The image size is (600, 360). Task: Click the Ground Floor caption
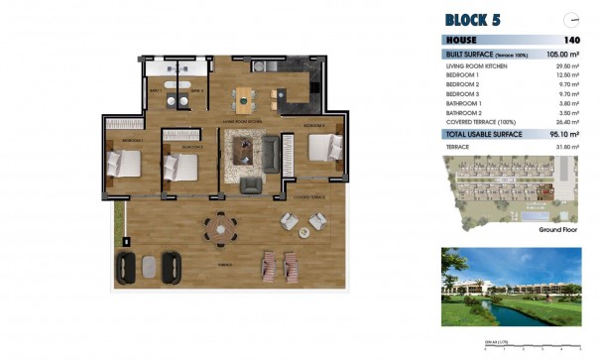(x=558, y=229)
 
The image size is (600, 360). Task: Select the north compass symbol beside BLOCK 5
(x=569, y=19)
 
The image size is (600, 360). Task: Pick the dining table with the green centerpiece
(x=245, y=98)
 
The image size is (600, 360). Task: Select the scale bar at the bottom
(x=531, y=346)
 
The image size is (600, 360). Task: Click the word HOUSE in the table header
(x=462, y=40)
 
